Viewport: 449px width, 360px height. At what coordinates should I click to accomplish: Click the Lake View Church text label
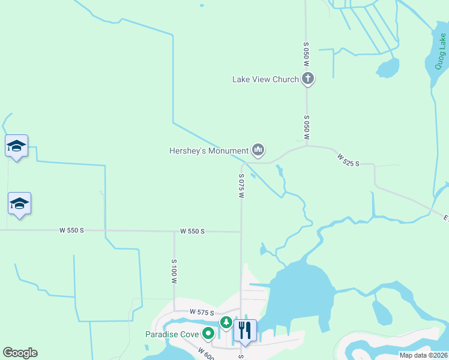pos(265,79)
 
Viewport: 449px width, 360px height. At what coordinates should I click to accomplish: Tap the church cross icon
pos(307,78)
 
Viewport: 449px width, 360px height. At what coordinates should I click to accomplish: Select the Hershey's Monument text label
pos(208,151)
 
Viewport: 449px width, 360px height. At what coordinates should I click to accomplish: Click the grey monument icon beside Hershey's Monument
pos(258,149)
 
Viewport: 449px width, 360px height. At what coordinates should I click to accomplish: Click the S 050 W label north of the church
pos(306,54)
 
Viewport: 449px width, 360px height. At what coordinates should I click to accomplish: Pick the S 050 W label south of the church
pos(306,128)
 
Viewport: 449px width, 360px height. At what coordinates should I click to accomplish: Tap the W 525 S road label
pos(348,160)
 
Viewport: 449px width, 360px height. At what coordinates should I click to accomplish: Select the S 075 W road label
pos(241,186)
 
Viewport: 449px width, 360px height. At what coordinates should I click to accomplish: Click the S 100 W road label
pos(174,271)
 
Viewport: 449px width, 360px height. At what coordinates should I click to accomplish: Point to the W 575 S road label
pos(202,312)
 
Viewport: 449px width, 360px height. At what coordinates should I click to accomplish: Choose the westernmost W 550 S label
pos(72,230)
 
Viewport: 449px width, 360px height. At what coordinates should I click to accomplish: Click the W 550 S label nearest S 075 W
pos(192,231)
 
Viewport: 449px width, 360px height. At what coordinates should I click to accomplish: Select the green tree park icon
pos(226,323)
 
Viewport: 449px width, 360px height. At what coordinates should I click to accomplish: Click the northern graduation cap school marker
pos(17,146)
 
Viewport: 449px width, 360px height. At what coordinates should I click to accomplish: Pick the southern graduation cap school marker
pos(19,203)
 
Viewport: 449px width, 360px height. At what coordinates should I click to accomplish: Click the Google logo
pos(20,352)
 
